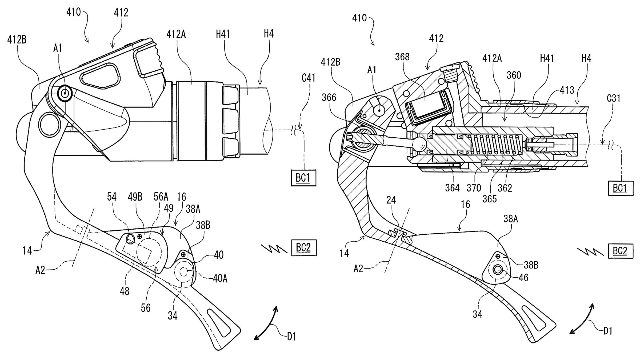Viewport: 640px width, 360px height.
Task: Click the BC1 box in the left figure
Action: click(303, 178)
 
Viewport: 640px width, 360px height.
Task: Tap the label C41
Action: click(308, 78)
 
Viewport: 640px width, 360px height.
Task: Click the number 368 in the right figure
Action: click(402, 57)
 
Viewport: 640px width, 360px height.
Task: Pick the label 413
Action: click(566, 90)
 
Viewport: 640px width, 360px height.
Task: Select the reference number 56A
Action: click(161, 197)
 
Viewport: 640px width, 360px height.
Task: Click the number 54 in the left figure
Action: click(112, 197)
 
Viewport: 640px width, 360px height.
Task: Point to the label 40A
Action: click(220, 278)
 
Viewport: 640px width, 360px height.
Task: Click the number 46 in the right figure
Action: click(523, 278)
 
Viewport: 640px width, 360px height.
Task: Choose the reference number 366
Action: click(329, 98)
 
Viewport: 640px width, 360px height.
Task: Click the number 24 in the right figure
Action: click(391, 200)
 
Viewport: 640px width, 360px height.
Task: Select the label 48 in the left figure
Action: click(125, 291)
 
